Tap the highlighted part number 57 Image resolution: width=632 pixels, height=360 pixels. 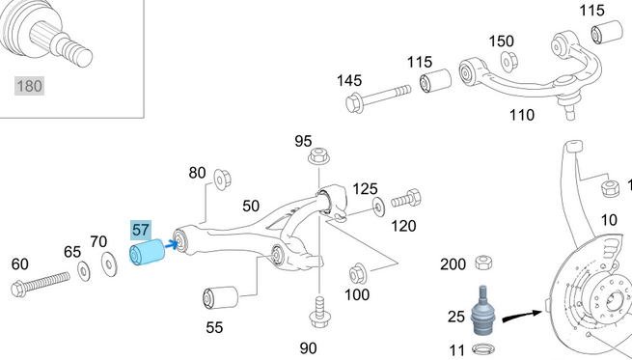click(x=141, y=229)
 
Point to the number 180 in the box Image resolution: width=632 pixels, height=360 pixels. click(x=28, y=86)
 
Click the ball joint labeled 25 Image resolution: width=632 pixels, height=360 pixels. click(x=483, y=311)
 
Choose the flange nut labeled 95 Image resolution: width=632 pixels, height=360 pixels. click(x=316, y=157)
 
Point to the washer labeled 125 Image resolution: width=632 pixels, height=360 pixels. click(x=376, y=206)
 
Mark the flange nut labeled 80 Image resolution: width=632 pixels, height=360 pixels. click(x=221, y=178)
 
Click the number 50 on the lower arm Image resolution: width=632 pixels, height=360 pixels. click(x=251, y=206)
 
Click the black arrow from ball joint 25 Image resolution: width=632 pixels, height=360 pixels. click(x=525, y=311)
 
